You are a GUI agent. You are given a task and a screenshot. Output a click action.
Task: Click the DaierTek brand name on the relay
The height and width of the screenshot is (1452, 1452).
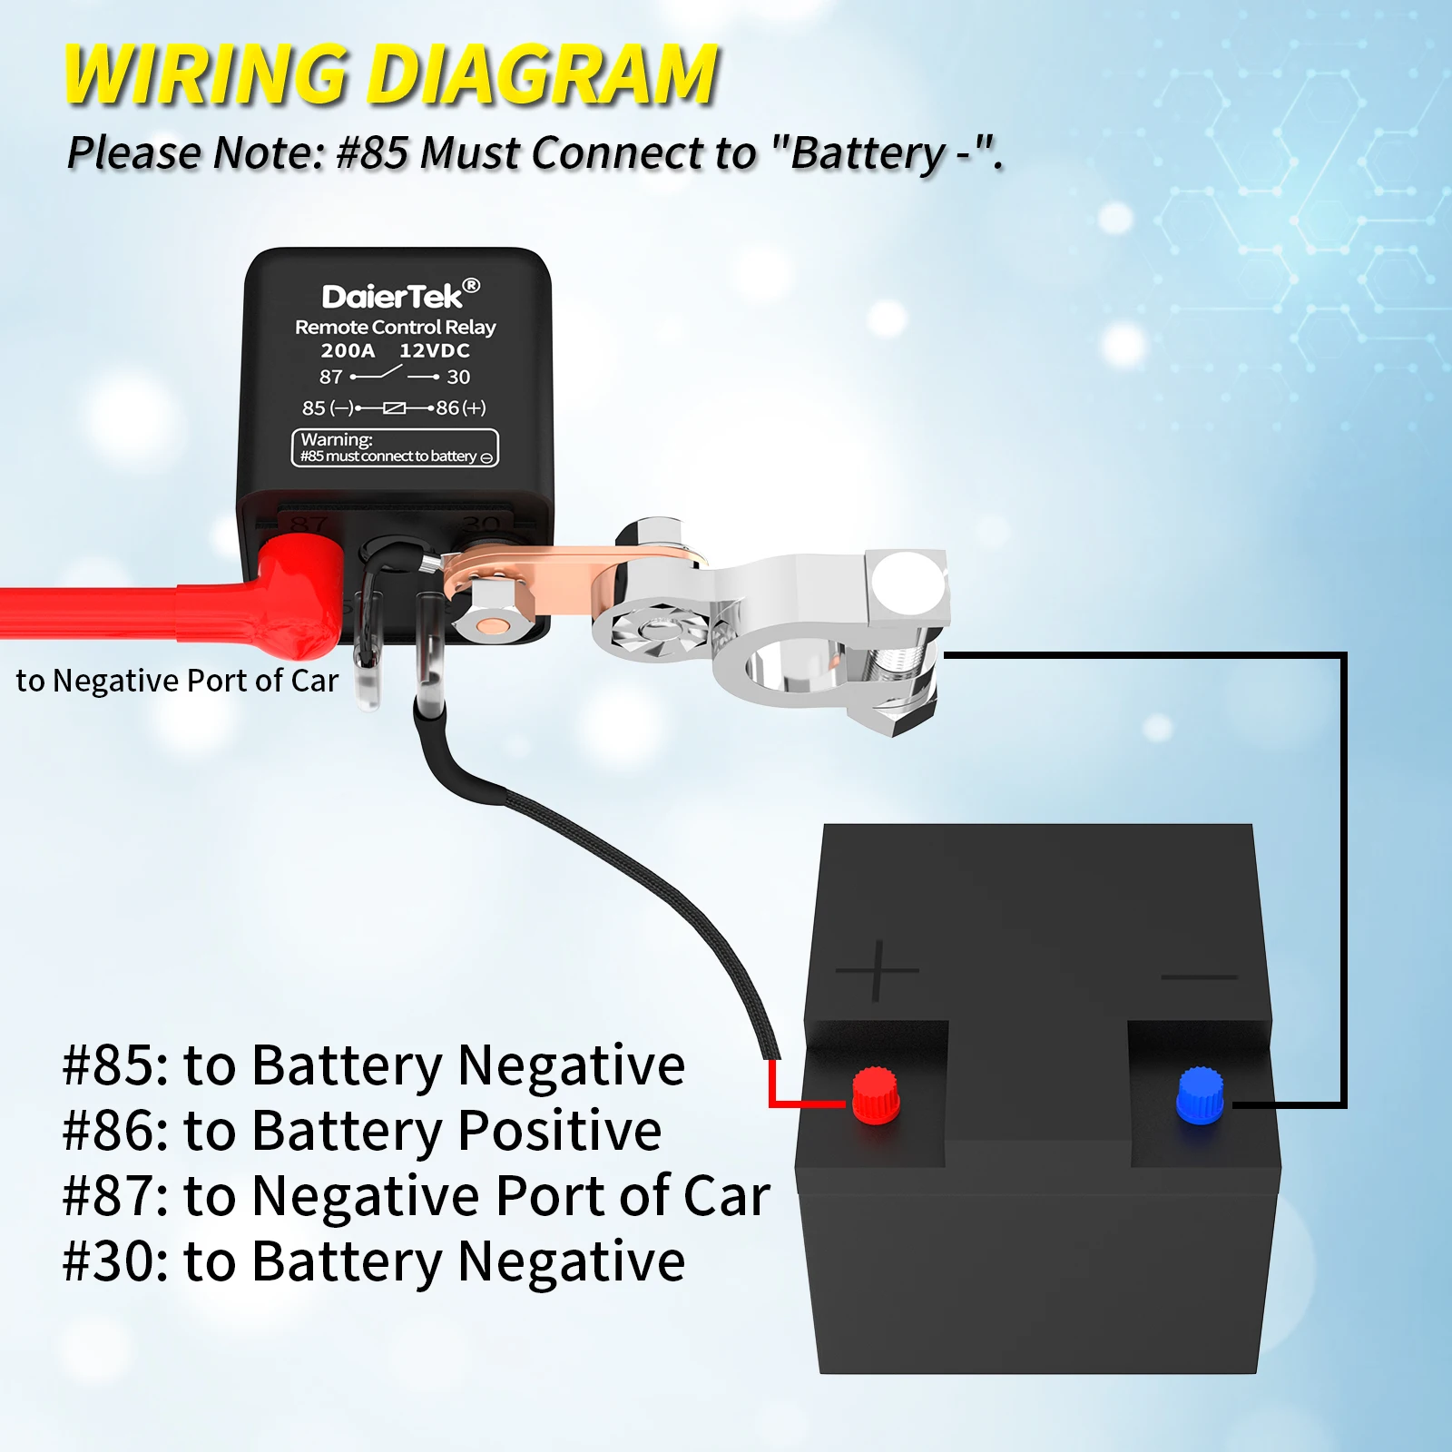click(392, 297)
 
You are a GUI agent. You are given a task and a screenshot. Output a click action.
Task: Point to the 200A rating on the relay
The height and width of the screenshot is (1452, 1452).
click(348, 350)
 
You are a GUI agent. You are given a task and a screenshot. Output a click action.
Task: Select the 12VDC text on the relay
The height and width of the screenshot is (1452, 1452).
click(435, 350)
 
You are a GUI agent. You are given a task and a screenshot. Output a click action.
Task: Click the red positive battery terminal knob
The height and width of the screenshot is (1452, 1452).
click(876, 1094)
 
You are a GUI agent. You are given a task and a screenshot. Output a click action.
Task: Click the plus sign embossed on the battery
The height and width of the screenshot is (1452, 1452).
click(877, 971)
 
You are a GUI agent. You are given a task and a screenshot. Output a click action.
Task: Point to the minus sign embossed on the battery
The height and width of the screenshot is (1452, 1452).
click(1199, 976)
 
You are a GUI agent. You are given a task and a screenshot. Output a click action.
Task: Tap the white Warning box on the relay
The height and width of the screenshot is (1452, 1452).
click(395, 448)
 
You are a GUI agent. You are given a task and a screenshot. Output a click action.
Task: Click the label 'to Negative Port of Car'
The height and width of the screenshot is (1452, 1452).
click(177, 681)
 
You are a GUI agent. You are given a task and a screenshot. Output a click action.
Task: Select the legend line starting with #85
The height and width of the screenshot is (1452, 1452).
click(373, 1064)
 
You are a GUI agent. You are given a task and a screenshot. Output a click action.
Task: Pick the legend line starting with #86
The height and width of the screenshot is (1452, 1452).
click(361, 1130)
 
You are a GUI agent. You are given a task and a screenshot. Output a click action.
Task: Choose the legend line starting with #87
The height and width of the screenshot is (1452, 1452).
click(416, 1195)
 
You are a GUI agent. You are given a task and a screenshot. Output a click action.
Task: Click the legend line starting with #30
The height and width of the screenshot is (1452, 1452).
click(373, 1261)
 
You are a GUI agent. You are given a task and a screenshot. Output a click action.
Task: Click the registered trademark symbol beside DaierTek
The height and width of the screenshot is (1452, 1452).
click(471, 285)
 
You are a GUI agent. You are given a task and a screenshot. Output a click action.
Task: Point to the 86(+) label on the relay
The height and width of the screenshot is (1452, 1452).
click(461, 407)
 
